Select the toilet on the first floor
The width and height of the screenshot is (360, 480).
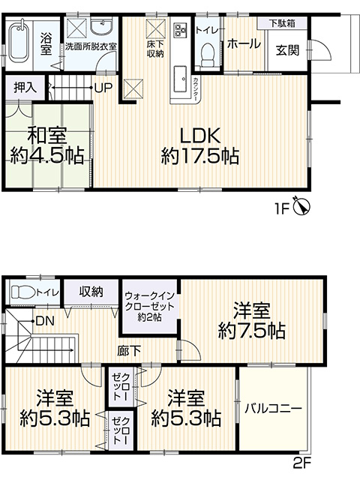(208, 55)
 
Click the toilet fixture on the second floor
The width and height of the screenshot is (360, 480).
(23, 292)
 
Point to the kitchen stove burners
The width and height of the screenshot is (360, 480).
(179, 28)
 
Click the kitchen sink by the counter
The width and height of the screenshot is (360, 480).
(180, 79)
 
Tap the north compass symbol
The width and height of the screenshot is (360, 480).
(301, 206)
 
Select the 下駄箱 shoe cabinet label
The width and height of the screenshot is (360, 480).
(282, 23)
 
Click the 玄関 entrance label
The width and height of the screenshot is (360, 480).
(287, 50)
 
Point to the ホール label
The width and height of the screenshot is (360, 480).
(244, 43)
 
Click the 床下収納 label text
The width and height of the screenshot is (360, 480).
(155, 49)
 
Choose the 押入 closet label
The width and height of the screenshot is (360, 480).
(25, 88)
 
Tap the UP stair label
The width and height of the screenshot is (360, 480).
(103, 88)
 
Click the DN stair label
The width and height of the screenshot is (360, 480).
(45, 321)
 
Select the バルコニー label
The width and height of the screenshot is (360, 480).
(273, 408)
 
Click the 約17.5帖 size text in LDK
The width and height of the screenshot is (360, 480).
(200, 156)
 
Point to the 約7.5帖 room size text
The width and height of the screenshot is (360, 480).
(252, 331)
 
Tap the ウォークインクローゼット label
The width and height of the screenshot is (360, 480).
(150, 307)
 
